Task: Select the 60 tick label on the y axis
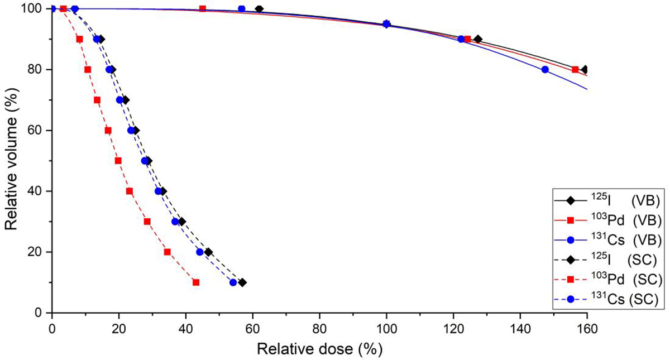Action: point(37,130)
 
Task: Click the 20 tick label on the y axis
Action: point(37,252)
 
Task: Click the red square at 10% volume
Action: point(196,282)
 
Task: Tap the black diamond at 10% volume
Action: point(242,282)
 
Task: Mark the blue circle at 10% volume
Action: point(233,282)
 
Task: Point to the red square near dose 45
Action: point(203,9)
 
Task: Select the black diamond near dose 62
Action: point(259,9)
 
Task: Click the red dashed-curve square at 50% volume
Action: point(118,161)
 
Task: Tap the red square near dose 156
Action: point(575,70)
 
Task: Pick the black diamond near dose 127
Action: point(478,39)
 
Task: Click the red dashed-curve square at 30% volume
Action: point(147,222)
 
